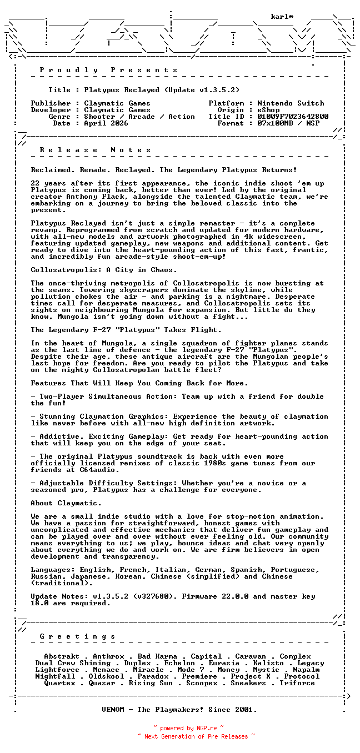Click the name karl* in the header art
pos(282,17)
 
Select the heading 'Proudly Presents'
pos(109,70)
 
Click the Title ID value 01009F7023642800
pos(293,117)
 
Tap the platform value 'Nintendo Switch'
pos(291,103)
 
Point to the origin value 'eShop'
pos(269,110)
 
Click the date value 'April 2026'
pos(106,123)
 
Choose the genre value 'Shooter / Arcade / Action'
pos(139,117)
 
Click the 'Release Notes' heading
pos(96,150)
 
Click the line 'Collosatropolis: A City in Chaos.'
pos(104,270)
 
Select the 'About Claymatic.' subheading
pos(66,503)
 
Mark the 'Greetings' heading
pos(78,636)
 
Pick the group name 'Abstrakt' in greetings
pos(62,656)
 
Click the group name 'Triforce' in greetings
pos(297,683)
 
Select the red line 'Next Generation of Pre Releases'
pos(197,736)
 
